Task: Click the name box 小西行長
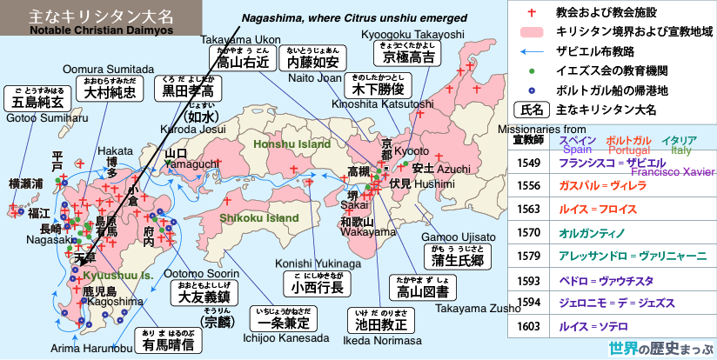tap(317, 287)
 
